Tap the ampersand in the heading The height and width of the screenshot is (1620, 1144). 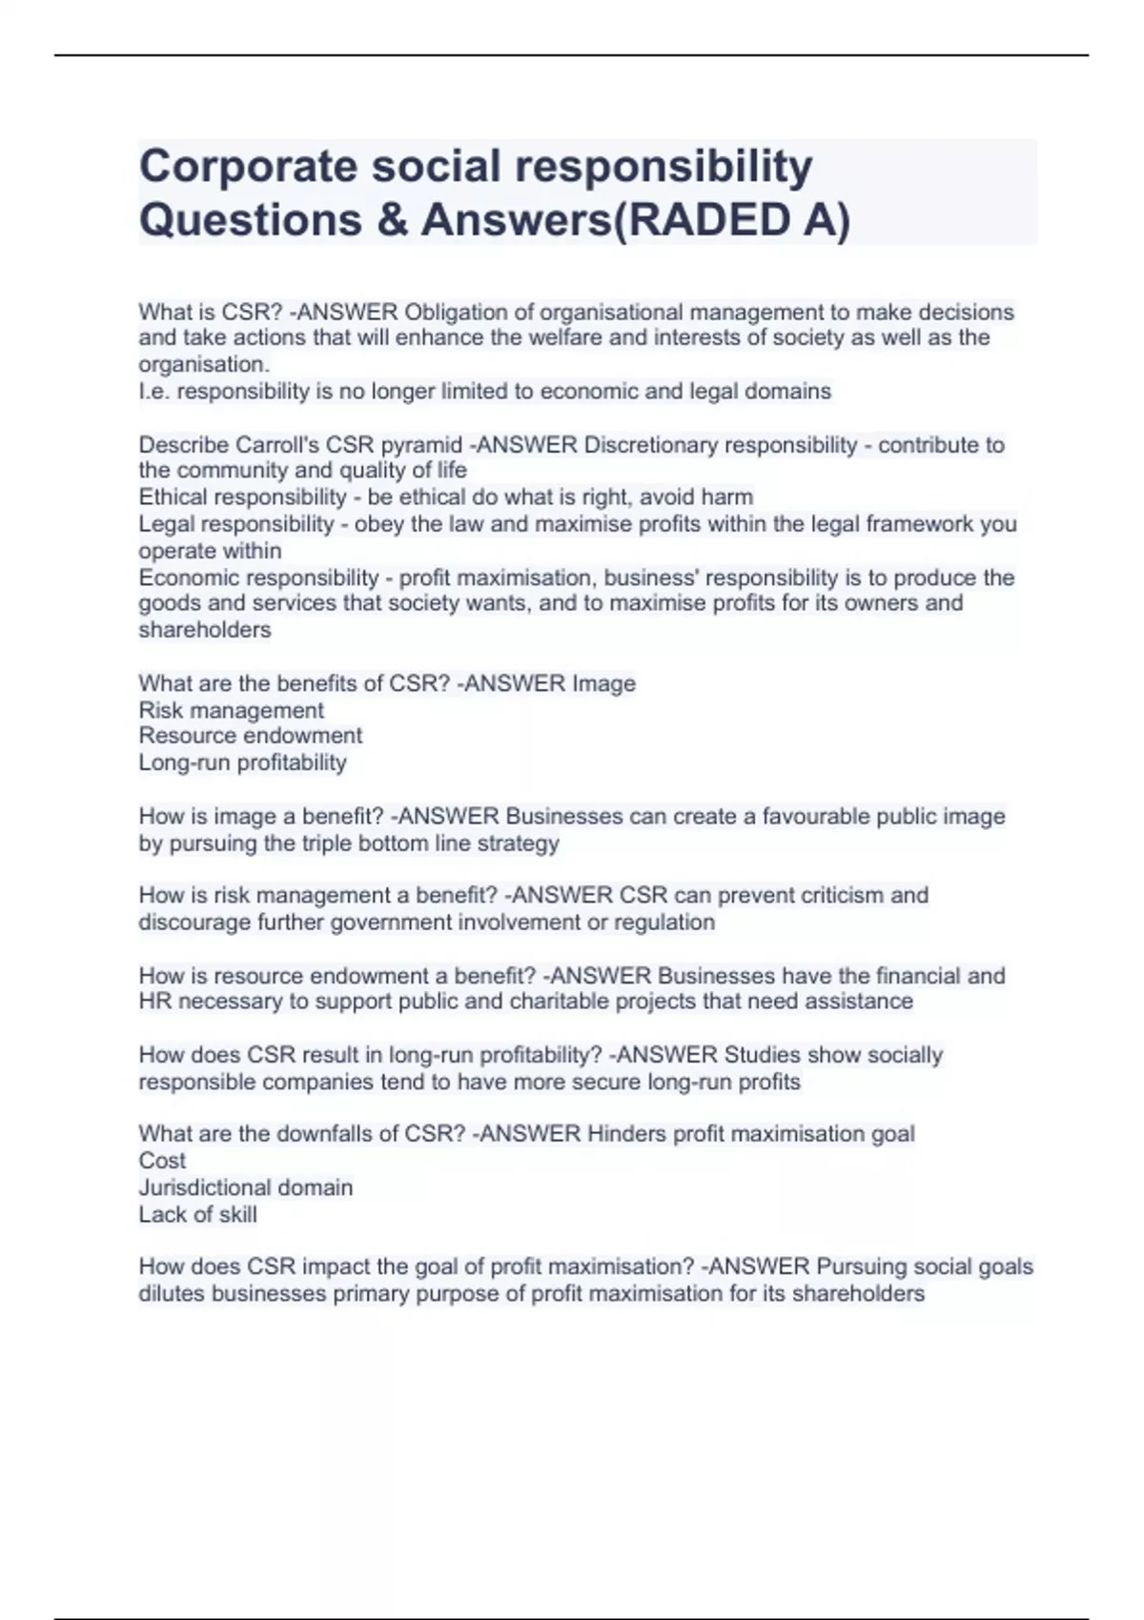pyautogui.click(x=390, y=220)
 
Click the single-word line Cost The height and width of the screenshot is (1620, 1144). pyautogui.click(x=162, y=1161)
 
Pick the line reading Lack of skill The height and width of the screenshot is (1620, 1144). pyautogui.click(x=197, y=1215)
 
